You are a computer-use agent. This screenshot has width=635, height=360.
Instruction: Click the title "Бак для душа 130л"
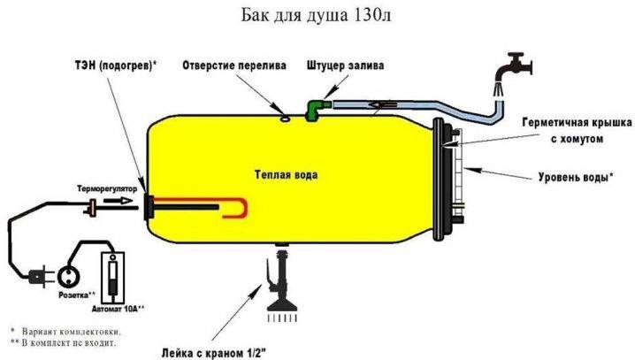[x=317, y=15]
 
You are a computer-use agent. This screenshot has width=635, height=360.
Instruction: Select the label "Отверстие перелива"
[x=234, y=65]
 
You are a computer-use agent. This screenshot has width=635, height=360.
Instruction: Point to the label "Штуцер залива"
[x=345, y=65]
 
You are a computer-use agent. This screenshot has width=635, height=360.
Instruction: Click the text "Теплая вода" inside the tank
[x=286, y=174]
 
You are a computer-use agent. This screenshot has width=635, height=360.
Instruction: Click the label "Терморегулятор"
[x=107, y=188]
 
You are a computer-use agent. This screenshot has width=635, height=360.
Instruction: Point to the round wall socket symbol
[x=68, y=277]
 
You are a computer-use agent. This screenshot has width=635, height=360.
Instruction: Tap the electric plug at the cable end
[x=40, y=277]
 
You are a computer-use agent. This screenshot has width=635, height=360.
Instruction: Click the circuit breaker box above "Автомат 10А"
[x=112, y=278]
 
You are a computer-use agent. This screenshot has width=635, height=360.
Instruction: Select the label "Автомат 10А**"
[x=118, y=309]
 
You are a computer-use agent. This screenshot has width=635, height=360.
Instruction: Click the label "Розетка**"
[x=77, y=295]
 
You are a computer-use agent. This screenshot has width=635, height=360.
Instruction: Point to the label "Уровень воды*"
[x=576, y=177]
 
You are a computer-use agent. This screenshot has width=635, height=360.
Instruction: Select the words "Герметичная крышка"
[x=578, y=122]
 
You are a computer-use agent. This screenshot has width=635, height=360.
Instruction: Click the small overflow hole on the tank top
[x=285, y=119]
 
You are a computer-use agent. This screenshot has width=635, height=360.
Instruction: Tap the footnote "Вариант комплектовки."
[x=72, y=332]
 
